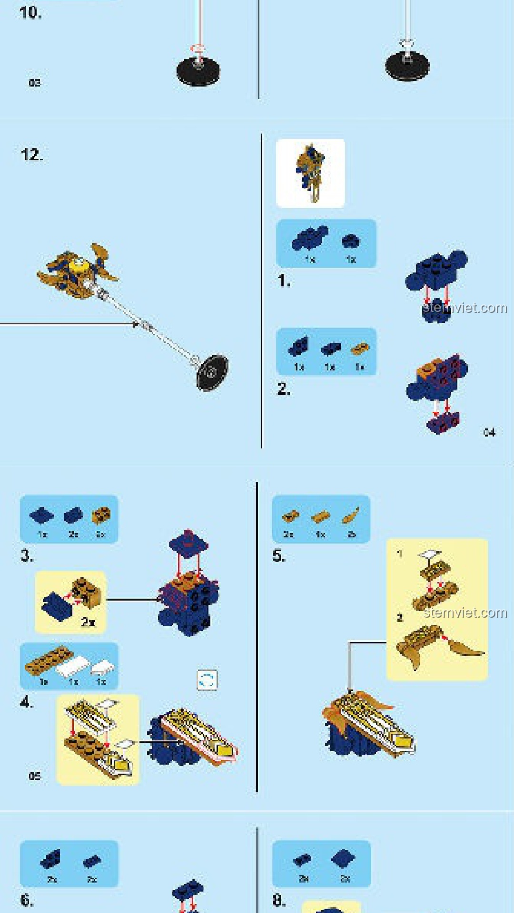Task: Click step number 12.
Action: (x=31, y=155)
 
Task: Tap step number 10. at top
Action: (x=30, y=12)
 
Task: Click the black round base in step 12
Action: (x=212, y=372)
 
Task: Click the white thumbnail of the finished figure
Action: (x=310, y=173)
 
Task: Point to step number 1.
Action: (x=284, y=281)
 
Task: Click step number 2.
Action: (x=284, y=389)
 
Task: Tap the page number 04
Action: (x=489, y=432)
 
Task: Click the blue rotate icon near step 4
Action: (x=207, y=680)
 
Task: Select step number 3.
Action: (x=27, y=555)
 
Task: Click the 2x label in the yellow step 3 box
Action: (x=88, y=622)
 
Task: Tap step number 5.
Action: (x=279, y=555)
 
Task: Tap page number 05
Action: (x=35, y=776)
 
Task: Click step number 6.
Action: (x=27, y=900)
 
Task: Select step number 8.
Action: (x=279, y=900)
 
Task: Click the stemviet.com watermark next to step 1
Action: (x=465, y=308)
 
